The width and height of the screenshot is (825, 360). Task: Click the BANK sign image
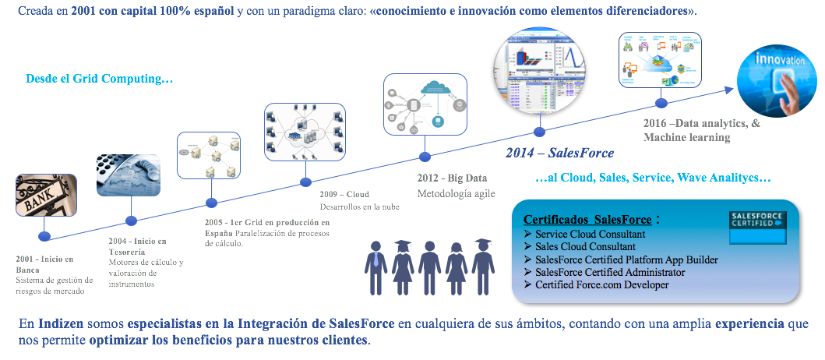coord(46,195)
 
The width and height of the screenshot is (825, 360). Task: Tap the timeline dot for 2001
coord(45,236)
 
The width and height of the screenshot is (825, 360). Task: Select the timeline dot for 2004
coord(131,221)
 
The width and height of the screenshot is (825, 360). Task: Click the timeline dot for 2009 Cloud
coord(306,183)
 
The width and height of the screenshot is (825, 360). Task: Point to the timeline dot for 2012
coord(425,156)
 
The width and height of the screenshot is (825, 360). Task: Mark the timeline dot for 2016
coord(661,103)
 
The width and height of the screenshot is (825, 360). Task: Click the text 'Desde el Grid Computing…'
coord(99,79)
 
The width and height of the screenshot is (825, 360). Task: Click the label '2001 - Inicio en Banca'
coord(44,264)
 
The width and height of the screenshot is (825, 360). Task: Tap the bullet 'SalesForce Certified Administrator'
coord(610,272)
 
